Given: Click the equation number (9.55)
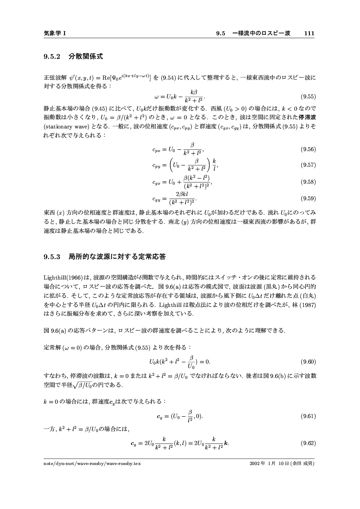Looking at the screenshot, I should pos(308,97).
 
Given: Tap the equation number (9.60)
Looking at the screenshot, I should pos(308,361).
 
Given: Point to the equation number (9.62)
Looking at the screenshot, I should pos(308,444).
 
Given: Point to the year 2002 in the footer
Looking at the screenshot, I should pos(255,464).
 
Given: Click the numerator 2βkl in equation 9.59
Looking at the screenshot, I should pos(180,194).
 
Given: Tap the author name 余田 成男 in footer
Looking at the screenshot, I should pos(302,464).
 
